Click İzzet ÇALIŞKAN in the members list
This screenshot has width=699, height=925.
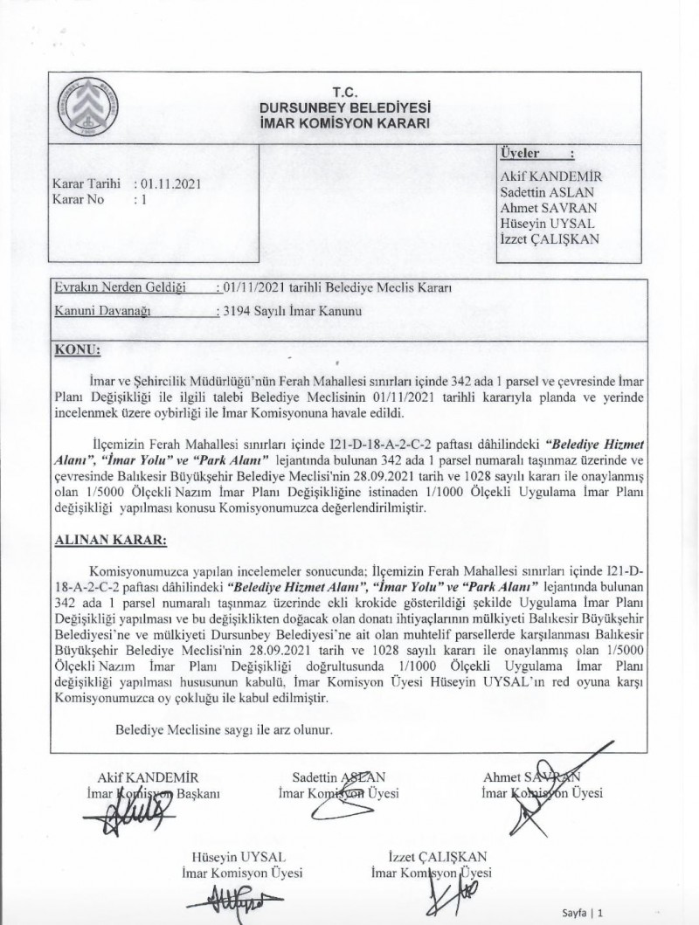550,239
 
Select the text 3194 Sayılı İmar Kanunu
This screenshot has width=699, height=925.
290,310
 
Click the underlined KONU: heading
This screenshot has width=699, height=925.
78,349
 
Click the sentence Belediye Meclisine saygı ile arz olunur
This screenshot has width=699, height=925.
224,728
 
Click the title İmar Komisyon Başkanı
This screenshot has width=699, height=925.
150,794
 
